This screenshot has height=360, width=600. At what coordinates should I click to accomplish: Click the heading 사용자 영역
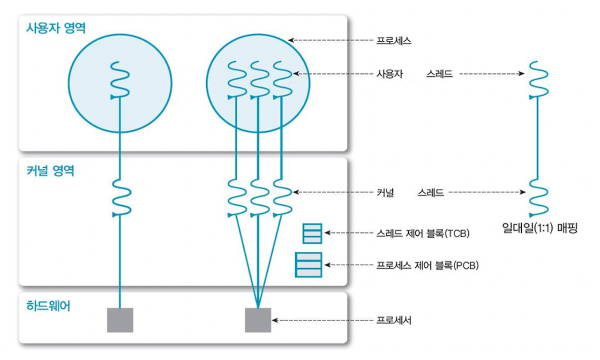point(56,28)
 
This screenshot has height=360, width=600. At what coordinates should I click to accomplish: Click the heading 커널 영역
point(50,170)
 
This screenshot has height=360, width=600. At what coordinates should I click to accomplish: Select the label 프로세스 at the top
point(394,40)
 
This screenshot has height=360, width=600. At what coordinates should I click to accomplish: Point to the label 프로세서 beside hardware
point(394,321)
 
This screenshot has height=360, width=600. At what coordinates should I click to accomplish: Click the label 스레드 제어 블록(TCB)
point(423,232)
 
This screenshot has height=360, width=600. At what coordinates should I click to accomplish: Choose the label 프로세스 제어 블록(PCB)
point(427,265)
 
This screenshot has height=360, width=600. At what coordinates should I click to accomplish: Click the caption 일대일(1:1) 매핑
point(539,229)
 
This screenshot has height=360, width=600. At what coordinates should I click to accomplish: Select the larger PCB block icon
point(308,265)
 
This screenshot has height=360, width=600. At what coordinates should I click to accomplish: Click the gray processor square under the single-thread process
point(120,320)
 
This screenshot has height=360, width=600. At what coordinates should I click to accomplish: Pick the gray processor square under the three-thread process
point(258,320)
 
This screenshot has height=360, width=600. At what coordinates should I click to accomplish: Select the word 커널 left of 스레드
point(385,192)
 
